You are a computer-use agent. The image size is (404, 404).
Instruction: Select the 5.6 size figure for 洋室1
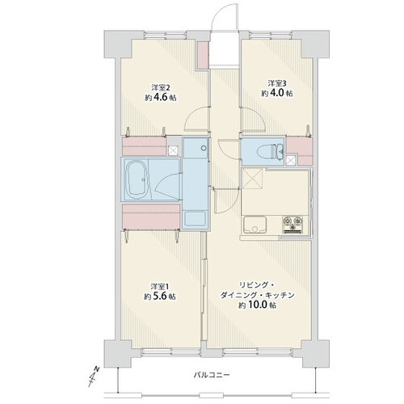click(160, 297)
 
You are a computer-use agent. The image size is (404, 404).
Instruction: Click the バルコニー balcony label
click(212, 375)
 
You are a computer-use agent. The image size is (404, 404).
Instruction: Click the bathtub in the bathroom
click(137, 179)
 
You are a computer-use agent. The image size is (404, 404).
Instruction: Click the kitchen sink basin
click(255, 225)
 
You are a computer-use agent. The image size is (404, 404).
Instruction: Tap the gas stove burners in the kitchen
click(292, 224)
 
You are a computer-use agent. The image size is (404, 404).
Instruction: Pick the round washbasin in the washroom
click(204, 148)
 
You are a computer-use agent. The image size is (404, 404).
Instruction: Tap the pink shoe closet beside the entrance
click(204, 55)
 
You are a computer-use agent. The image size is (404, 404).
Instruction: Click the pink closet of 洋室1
click(151, 217)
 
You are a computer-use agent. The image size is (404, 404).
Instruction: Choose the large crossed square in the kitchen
click(252, 179)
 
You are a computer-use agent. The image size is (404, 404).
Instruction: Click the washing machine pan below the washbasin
click(196, 219)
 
